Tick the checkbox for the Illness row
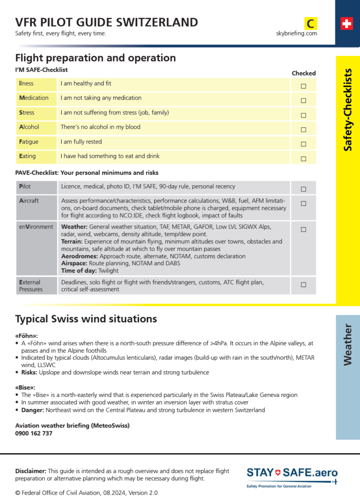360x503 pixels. coord(304,86)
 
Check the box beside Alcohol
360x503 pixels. coord(304,130)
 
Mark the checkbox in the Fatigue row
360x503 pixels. coord(304,144)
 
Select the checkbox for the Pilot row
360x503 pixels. coord(304,189)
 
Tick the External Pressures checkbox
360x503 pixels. coord(304,284)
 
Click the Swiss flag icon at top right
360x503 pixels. coord(347,24)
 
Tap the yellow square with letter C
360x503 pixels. coord(310,23)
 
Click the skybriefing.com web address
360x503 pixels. coord(296,33)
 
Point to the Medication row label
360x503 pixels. coord(34,98)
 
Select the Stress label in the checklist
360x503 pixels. coord(27,112)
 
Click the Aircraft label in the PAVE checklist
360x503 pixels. coord(29,201)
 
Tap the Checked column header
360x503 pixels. coord(304,73)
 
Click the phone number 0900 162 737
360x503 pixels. coord(34,433)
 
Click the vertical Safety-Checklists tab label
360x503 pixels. coord(348,110)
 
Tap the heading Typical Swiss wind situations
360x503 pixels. coord(86,319)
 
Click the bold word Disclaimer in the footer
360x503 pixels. coord(31,471)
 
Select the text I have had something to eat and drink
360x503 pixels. coord(110,156)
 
